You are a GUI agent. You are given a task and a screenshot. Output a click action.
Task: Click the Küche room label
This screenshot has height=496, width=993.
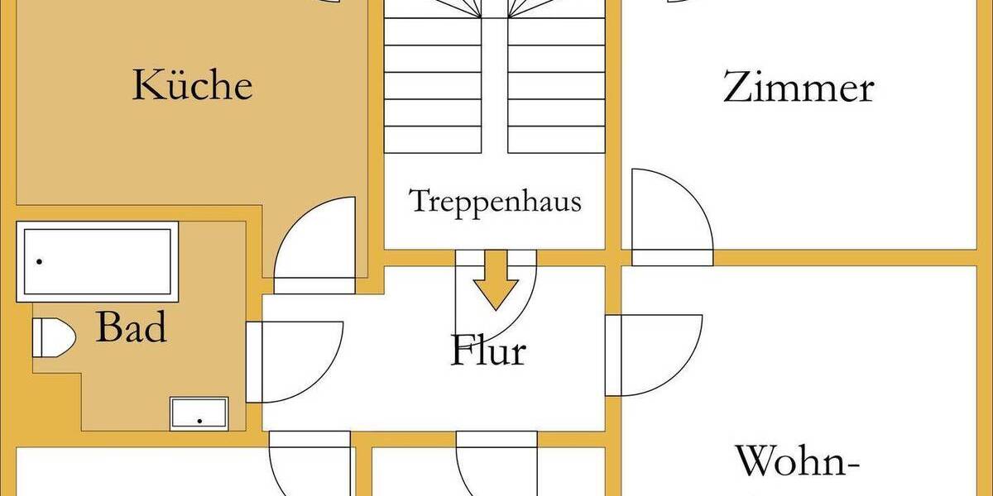click(193, 84)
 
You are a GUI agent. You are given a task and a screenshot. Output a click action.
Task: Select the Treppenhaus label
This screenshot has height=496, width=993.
click(495, 203)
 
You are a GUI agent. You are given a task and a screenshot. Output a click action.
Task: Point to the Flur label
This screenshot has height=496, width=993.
click(488, 350)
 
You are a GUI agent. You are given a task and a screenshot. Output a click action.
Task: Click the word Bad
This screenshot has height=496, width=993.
click(132, 327)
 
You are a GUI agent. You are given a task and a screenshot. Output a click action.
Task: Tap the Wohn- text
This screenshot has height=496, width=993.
click(798, 461)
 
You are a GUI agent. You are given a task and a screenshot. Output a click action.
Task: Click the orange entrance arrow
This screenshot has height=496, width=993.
click(496, 280)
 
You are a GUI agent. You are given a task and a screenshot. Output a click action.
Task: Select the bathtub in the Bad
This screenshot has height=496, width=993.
click(98, 262)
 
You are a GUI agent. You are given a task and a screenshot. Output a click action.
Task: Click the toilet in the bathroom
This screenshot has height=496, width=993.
click(54, 337)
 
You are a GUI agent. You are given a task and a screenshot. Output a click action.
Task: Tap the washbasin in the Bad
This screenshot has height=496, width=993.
click(199, 413)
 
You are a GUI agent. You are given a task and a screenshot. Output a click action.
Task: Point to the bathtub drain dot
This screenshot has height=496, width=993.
click(40, 262)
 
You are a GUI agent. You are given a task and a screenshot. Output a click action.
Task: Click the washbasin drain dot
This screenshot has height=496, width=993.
click(199, 421)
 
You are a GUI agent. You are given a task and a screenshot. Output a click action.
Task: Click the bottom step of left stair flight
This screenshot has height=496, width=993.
click(433, 140)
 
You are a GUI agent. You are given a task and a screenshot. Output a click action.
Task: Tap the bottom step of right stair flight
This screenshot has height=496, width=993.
click(556, 140)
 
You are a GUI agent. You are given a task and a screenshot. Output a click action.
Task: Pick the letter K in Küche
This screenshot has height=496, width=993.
click(146, 84)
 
